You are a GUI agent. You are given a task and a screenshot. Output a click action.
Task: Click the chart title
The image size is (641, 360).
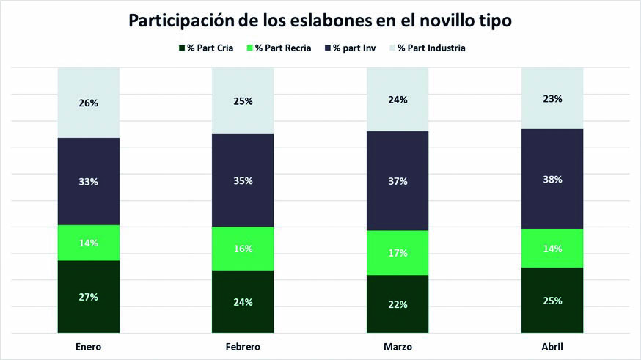[x=320, y=21]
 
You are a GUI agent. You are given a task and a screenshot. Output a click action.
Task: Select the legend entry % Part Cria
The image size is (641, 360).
[x=207, y=48]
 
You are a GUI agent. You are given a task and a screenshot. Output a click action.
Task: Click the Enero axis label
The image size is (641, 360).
[x=88, y=346]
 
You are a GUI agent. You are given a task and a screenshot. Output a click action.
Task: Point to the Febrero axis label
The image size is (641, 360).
[x=243, y=346]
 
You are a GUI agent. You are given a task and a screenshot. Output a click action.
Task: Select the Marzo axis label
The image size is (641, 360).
[x=398, y=346]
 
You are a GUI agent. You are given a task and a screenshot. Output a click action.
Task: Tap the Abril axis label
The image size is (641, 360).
[x=552, y=346]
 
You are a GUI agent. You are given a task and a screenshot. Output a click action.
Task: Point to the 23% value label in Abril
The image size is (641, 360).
[x=553, y=98]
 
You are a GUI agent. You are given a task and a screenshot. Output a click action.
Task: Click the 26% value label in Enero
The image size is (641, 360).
[x=89, y=103]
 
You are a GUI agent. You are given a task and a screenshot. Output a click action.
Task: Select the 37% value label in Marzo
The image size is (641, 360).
[x=398, y=180]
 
